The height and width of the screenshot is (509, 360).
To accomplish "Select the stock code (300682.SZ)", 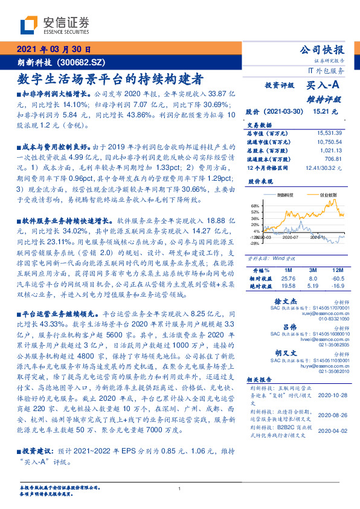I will pyautogui.click(x=83, y=62).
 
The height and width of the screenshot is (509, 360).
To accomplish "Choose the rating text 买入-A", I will pyautogui.click(x=320, y=86).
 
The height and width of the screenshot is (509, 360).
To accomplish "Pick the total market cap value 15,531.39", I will pyautogui.click(x=329, y=132).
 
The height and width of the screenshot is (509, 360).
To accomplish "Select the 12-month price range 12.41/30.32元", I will pyautogui.click(x=325, y=167).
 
